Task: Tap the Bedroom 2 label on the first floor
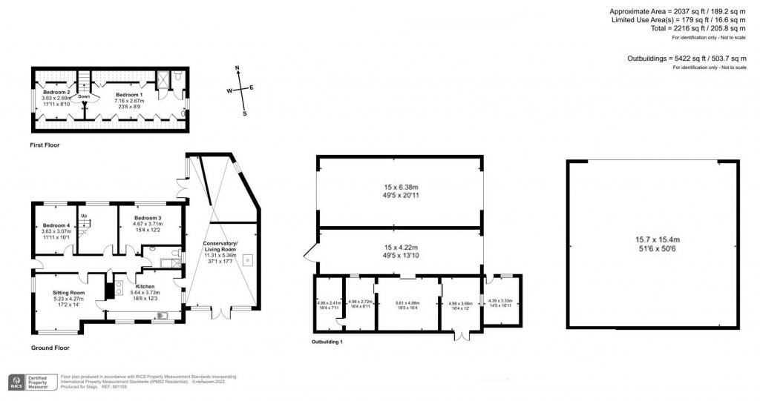56,92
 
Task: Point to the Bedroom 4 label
56,225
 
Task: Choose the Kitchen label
144,285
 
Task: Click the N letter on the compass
237,69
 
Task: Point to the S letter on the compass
245,114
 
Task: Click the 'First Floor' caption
45,145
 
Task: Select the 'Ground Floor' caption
50,348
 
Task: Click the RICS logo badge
16,383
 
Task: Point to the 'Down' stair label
84,96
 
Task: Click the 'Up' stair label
83,216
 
